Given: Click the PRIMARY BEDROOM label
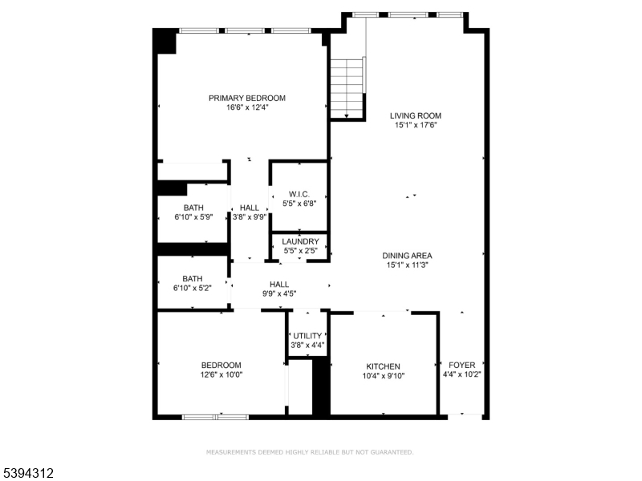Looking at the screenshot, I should coord(247,98).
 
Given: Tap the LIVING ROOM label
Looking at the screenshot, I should coord(416,115).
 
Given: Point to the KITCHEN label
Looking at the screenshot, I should coord(383,366).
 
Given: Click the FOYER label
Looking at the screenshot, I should coord(461,365).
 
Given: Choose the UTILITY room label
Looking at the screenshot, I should coord(307,336).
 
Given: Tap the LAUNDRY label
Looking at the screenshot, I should coord(301,241).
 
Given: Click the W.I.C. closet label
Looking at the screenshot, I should coord(299,194).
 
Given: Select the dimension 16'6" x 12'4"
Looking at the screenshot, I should coord(247,107).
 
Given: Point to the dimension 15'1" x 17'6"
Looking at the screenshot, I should coord(416,125).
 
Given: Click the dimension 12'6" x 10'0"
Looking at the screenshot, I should coord(221,374).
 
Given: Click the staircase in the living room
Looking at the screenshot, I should coord(347,88).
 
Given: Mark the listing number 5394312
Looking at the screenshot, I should coord(27,474).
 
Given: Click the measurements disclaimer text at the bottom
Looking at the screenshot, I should coord(310,452).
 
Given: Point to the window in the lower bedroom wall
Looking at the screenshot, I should coord(216,417).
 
